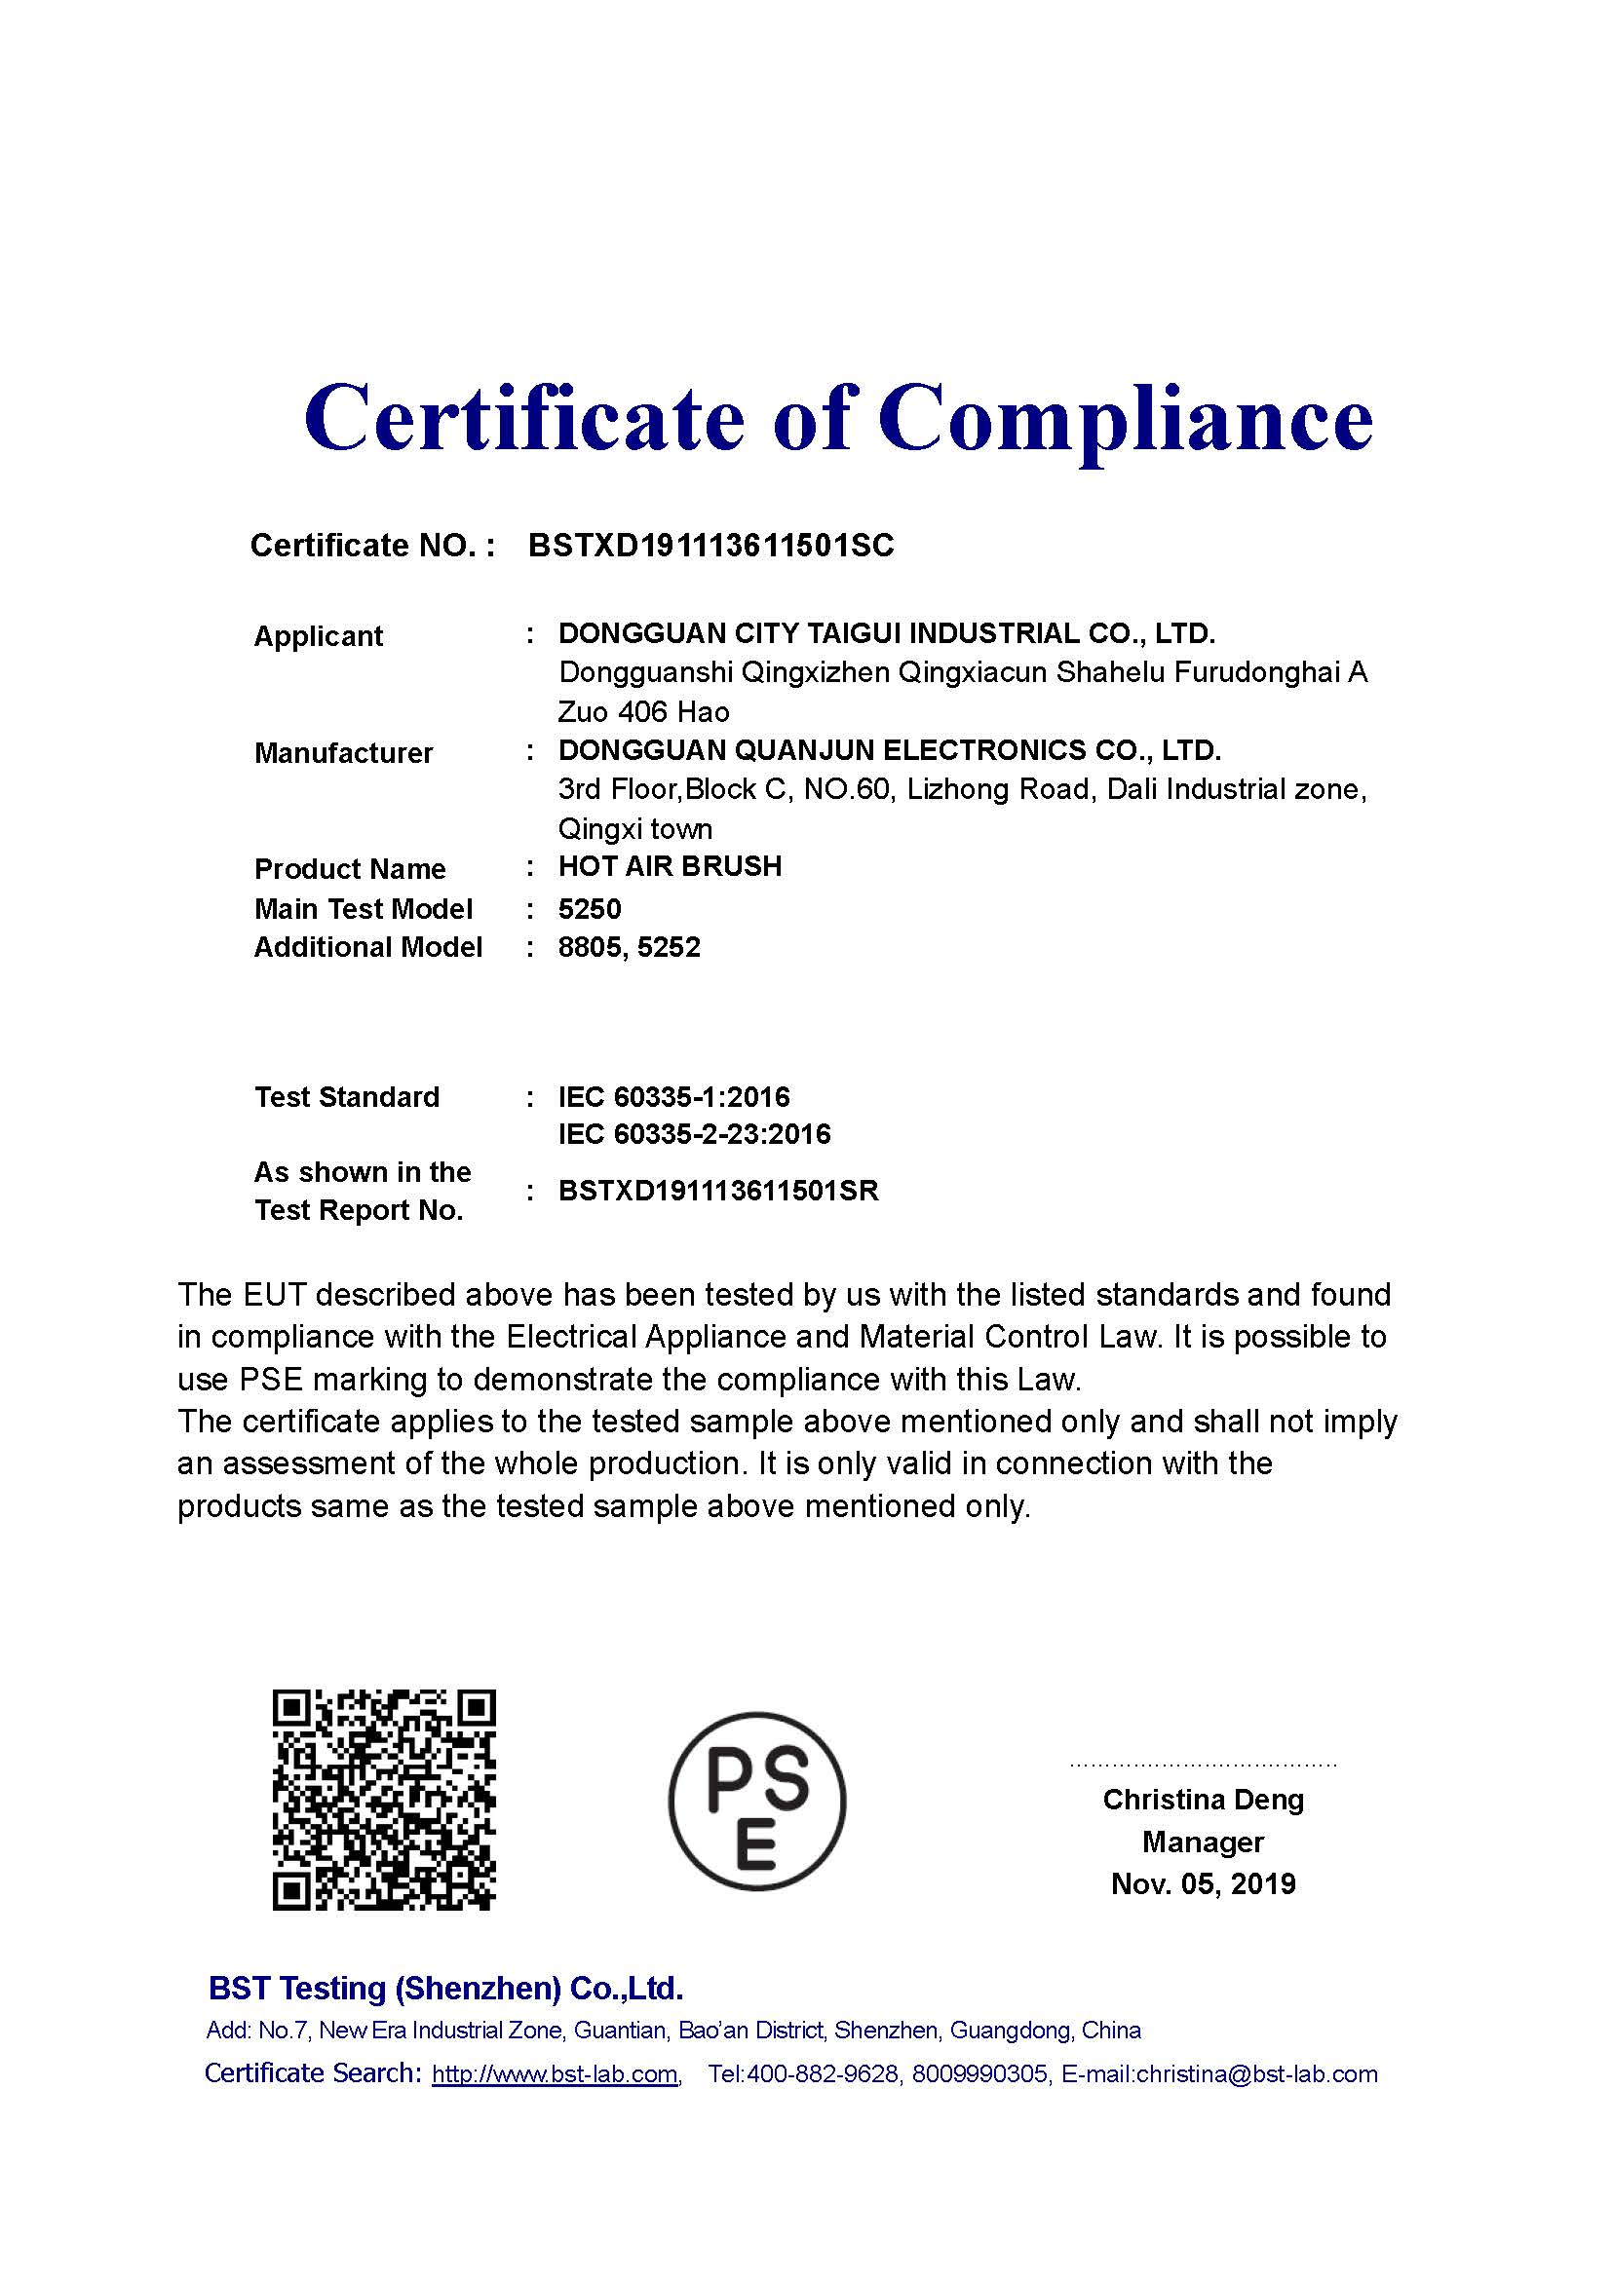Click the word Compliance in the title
(x=1126, y=419)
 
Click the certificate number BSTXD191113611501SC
(x=710, y=545)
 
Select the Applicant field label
(x=319, y=635)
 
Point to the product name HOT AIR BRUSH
(x=670, y=866)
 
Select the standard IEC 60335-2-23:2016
(x=694, y=1133)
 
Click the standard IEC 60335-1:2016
(x=674, y=1097)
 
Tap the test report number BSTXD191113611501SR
(x=718, y=1190)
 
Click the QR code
(x=384, y=1801)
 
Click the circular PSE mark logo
(x=757, y=1801)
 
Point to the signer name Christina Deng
(x=1203, y=1800)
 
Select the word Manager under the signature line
(x=1203, y=1842)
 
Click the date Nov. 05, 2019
(x=1203, y=1884)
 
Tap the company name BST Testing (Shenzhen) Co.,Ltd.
(x=445, y=1989)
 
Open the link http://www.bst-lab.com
(x=555, y=2074)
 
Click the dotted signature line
(x=1203, y=1766)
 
